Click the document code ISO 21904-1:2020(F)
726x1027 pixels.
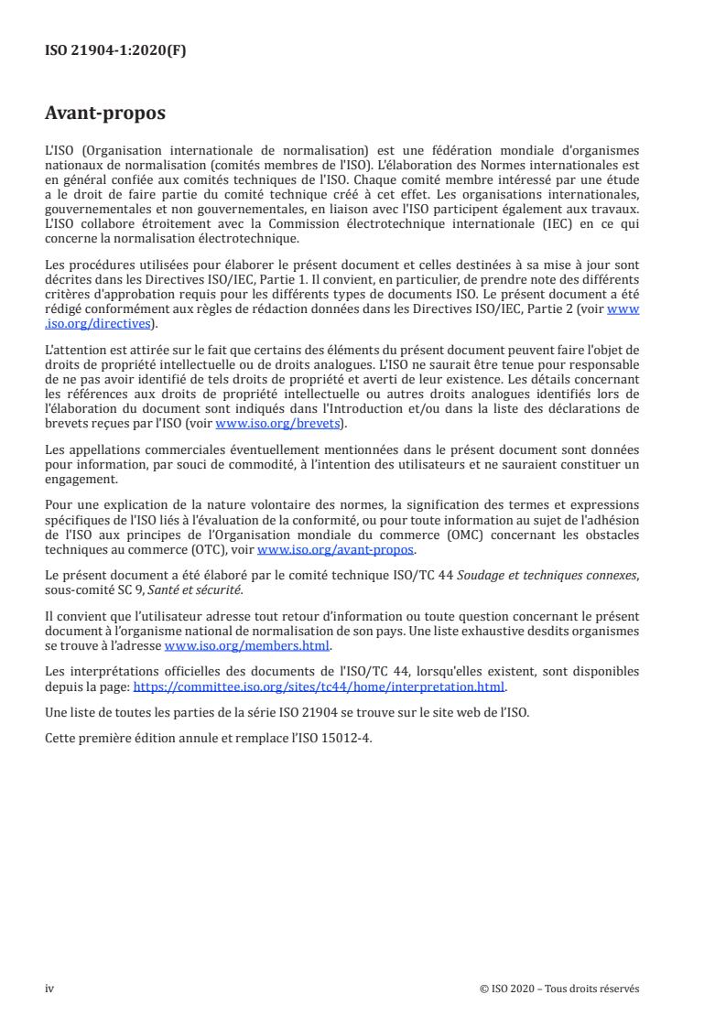[115, 51]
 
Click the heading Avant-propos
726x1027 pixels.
[105, 114]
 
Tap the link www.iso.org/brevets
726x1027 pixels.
[277, 424]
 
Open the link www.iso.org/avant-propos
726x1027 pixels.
[336, 549]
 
